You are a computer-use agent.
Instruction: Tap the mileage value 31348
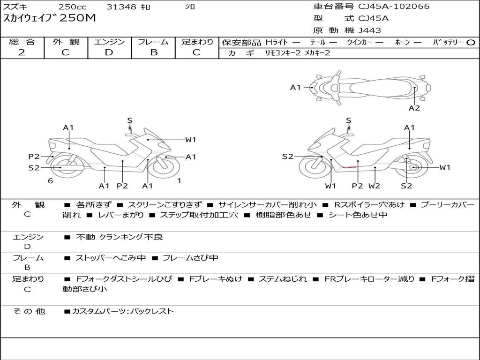coord(121,7)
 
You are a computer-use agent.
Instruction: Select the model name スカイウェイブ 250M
coord(50,18)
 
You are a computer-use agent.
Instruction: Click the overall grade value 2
coord(22,52)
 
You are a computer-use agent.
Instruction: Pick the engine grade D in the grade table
coord(109,52)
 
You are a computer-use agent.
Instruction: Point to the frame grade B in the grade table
coord(153,52)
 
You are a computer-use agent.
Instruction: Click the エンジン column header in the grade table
coord(109,42)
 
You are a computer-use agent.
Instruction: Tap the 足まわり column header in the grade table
coord(197,42)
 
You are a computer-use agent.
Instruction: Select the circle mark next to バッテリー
coord(471,42)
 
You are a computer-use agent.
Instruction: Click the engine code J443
coord(370,30)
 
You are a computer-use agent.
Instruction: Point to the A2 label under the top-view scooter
coord(414,108)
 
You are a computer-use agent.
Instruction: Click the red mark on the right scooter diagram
coord(349,167)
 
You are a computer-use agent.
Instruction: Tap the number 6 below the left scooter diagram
coord(50,180)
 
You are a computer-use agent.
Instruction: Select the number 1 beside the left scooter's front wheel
coord(179,180)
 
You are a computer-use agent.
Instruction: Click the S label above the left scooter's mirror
coord(130,120)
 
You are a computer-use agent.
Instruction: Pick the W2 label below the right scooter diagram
coord(374,186)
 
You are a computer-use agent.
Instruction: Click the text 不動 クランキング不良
coord(120,237)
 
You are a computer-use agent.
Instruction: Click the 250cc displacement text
coord(72,7)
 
